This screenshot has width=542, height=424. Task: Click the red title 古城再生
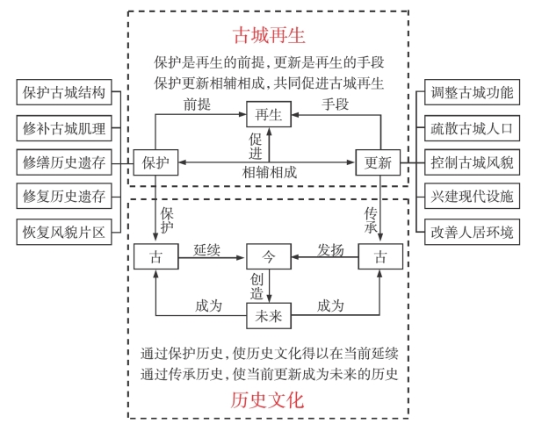click(x=269, y=35)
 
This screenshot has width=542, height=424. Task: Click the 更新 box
click(x=379, y=162)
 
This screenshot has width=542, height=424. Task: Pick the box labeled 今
click(x=269, y=256)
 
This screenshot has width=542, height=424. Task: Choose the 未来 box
click(x=268, y=314)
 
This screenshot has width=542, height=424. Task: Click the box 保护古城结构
click(x=65, y=92)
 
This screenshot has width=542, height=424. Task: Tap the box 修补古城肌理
click(x=65, y=127)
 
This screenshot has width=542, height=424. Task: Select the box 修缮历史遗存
click(x=65, y=162)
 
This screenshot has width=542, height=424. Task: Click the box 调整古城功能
click(x=472, y=92)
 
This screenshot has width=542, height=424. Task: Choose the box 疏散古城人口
click(x=472, y=127)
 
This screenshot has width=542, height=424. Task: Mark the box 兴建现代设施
click(x=472, y=197)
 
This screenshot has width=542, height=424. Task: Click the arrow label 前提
click(x=196, y=104)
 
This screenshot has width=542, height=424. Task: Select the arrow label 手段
click(x=335, y=104)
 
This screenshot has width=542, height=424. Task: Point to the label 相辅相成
click(x=269, y=173)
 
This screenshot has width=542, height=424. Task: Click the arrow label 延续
click(x=207, y=249)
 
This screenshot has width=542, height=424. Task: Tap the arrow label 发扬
click(x=330, y=249)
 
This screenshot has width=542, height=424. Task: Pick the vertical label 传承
click(x=372, y=220)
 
